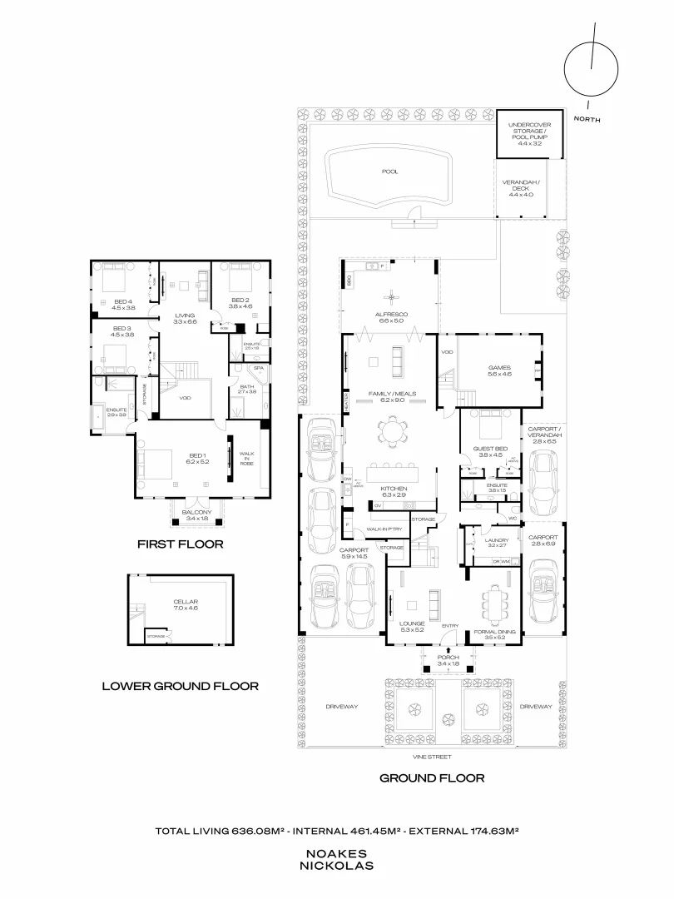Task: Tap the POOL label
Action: click(389, 171)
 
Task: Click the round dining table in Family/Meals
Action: click(389, 431)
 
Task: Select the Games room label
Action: click(499, 370)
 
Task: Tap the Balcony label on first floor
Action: click(197, 514)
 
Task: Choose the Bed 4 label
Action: click(123, 303)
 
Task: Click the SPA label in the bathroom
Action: click(259, 367)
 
